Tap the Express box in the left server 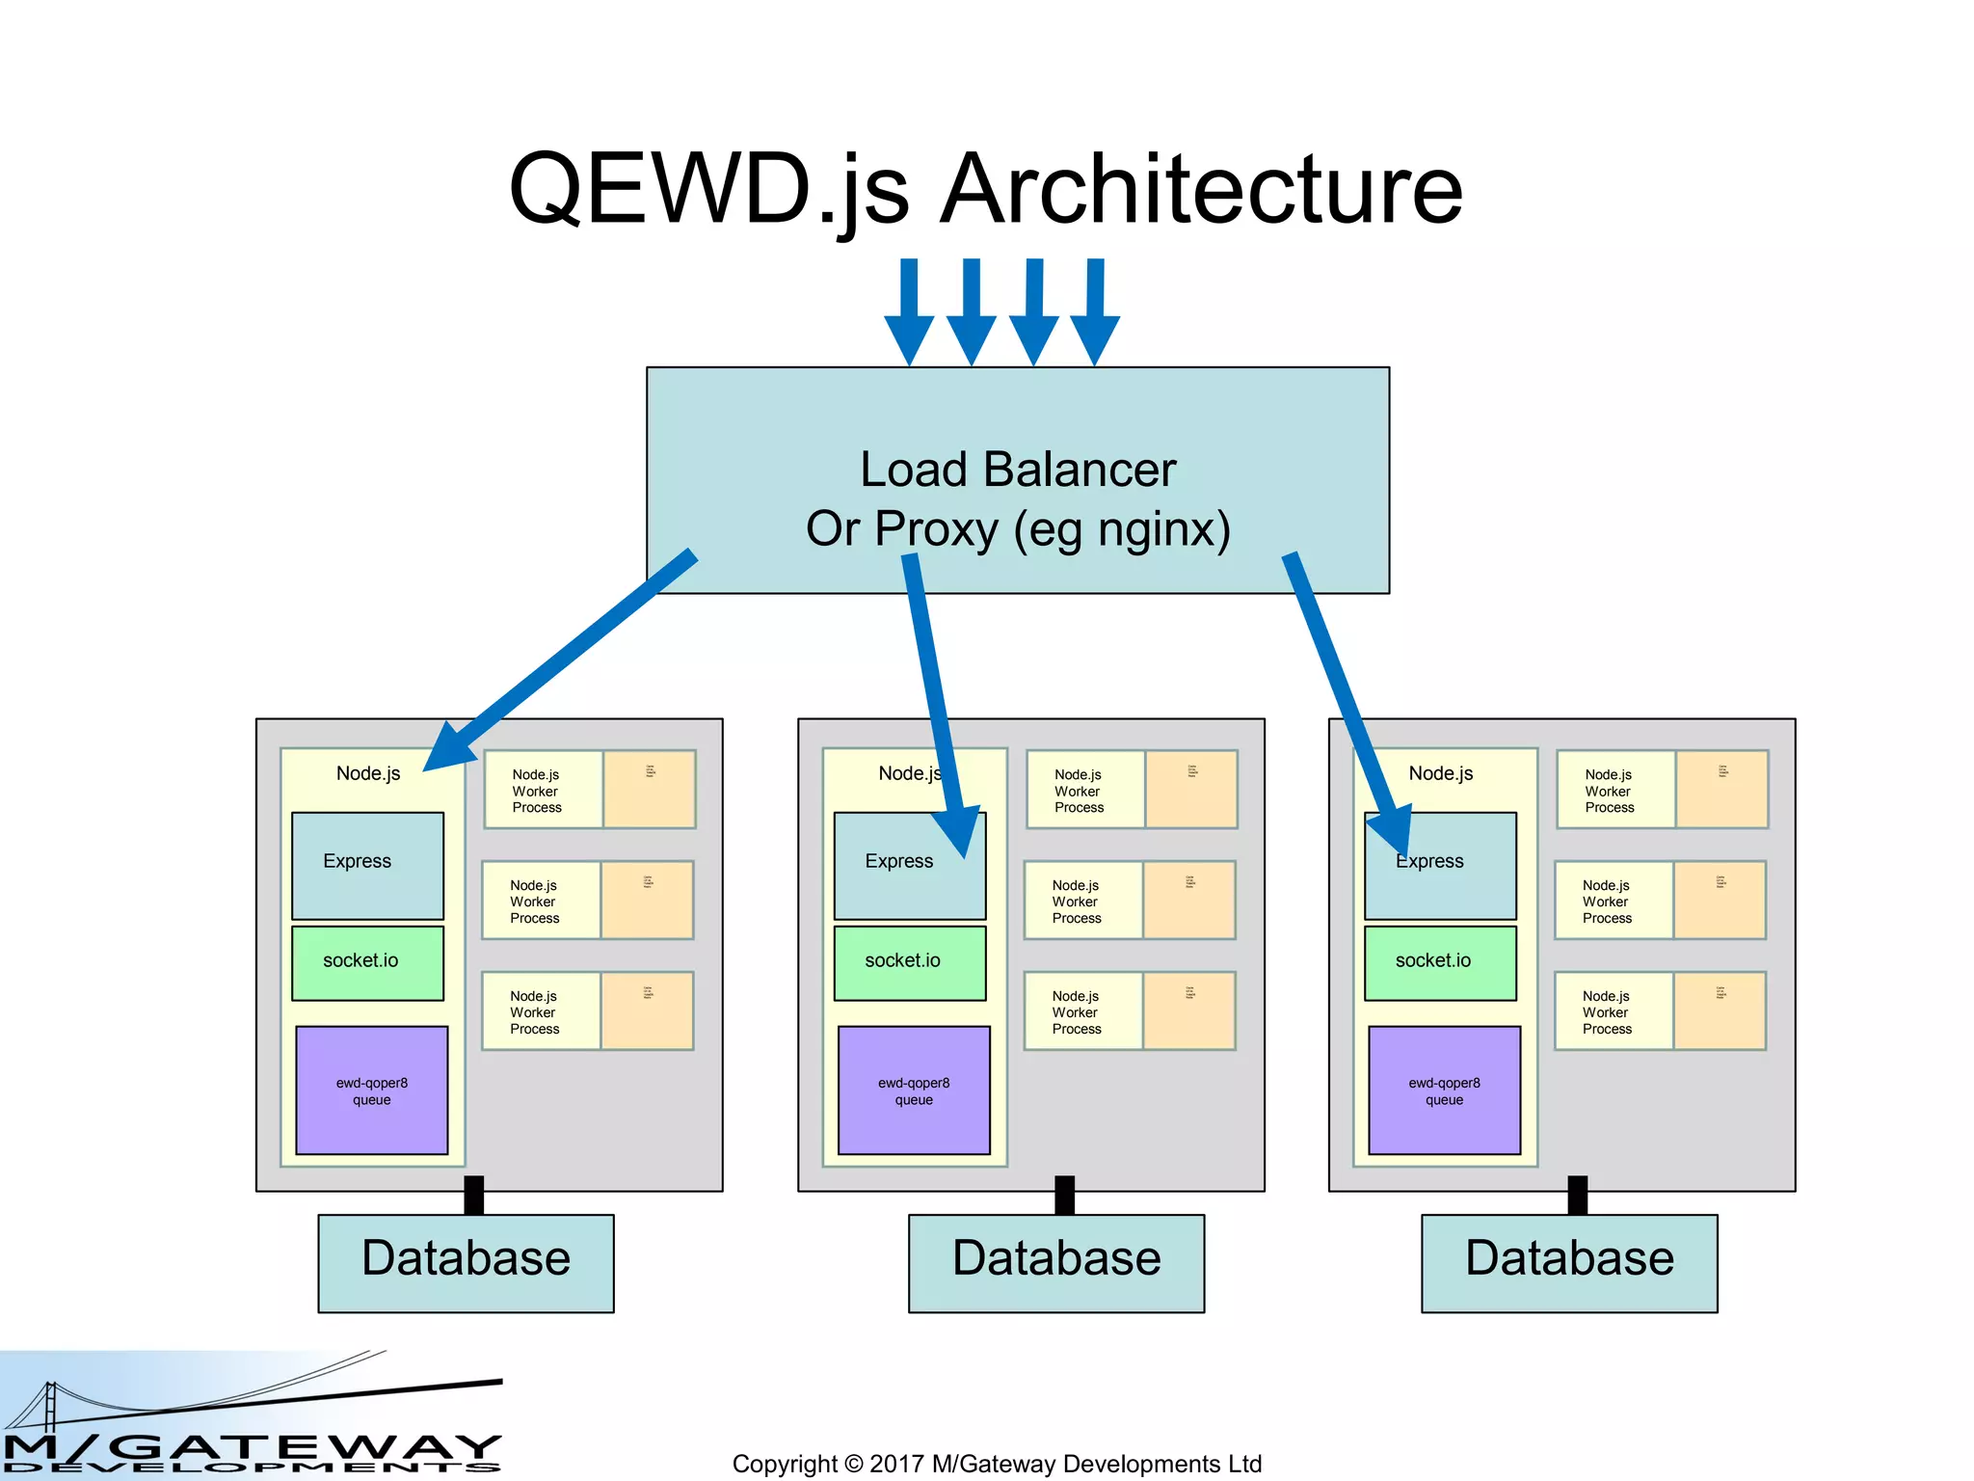367,865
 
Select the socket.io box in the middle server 909,962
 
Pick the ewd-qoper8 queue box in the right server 1444,1091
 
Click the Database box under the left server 466,1262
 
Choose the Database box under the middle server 1055,1262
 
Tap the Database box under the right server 1568,1262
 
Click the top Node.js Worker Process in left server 543,790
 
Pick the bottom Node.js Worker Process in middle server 1082,1011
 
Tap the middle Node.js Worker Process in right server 1613,901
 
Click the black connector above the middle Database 1064,1196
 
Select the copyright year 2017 896,1464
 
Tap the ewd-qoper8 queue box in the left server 371,1091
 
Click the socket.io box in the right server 1439,962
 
